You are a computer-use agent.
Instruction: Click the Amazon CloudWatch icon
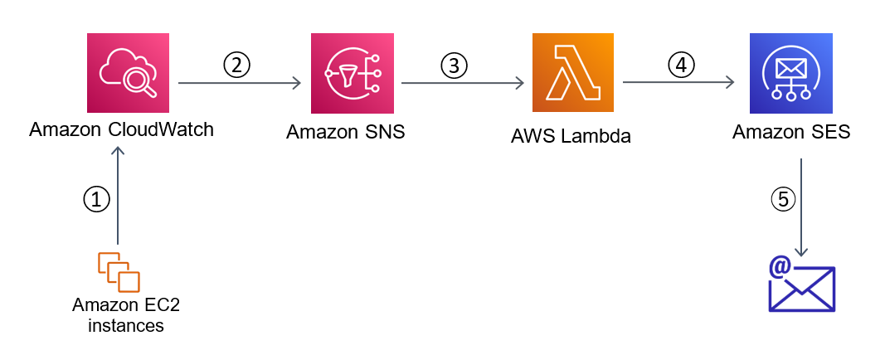[x=128, y=73]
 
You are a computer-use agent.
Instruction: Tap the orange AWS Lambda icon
[x=572, y=73]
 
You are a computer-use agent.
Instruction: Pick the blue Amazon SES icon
[x=790, y=73]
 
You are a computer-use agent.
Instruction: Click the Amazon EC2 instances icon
[x=119, y=271]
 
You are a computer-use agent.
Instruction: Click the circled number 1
[x=96, y=198]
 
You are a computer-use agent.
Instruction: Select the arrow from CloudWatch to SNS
[x=240, y=83]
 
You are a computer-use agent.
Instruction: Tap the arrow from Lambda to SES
[x=678, y=82]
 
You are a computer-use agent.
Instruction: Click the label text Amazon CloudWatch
[x=122, y=129]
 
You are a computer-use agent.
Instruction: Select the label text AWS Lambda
[x=571, y=136]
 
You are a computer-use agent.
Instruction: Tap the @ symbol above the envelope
[x=779, y=267]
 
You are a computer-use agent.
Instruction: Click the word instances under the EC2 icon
[x=126, y=325]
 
